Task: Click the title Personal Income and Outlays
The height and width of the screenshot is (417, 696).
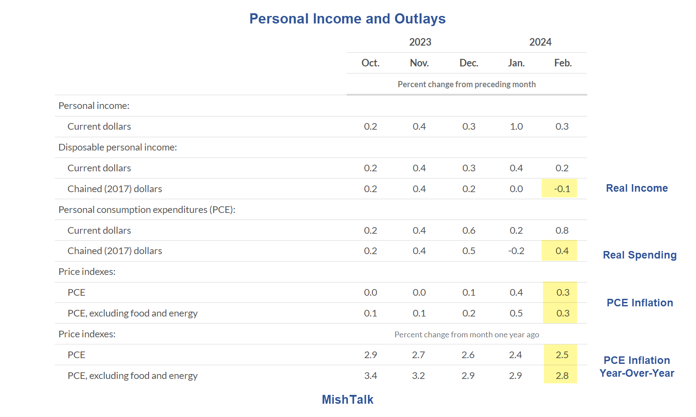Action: (347, 19)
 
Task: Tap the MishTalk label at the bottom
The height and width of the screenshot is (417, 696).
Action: (347, 399)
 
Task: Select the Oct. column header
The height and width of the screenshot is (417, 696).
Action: (370, 63)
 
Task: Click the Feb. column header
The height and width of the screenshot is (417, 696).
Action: (562, 63)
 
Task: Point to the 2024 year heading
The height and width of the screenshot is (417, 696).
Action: (540, 42)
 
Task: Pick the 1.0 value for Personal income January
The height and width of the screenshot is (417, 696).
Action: (516, 127)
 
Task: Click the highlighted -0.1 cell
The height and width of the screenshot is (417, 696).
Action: (562, 189)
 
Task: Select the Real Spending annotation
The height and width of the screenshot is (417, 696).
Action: (639, 255)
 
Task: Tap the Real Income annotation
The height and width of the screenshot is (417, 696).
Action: (636, 188)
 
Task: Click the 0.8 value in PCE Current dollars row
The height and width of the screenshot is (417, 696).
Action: (562, 230)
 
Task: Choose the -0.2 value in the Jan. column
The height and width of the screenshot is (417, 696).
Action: (516, 251)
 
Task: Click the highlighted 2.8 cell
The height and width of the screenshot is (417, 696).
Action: (562, 375)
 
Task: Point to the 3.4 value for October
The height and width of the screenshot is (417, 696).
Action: (370, 375)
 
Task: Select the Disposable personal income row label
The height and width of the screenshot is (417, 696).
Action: (118, 147)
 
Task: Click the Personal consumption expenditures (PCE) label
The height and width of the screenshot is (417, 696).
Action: (146, 209)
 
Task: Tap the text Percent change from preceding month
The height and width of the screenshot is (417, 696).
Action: (466, 84)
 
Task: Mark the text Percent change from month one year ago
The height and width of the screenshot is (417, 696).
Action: (466, 335)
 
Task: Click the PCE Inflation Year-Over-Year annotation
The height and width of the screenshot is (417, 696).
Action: (636, 367)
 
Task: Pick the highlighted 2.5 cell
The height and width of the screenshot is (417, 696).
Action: (562, 355)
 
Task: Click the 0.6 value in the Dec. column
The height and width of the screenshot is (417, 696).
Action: (469, 230)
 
